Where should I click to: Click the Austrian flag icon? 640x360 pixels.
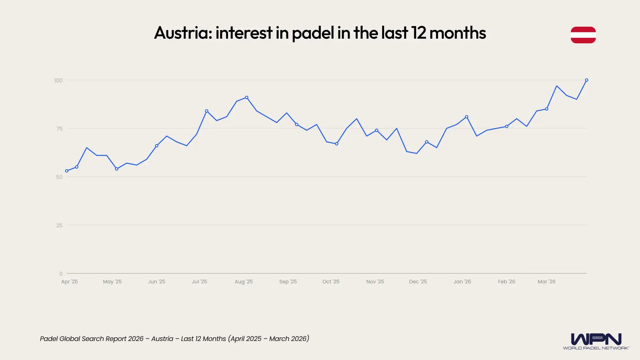pos(583,35)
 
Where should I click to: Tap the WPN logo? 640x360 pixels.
pos(596,341)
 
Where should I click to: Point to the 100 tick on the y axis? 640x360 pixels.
pos(58,80)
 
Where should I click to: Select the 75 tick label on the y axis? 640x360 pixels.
pos(59,129)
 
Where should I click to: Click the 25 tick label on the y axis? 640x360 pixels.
pos(59,225)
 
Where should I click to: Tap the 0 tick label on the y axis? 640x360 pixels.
pos(61,274)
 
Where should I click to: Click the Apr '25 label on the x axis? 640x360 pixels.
pos(69,282)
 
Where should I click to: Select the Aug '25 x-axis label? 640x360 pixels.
pos(244,282)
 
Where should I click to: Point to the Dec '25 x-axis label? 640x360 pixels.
pos(418,282)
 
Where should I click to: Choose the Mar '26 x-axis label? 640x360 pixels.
pos(546,282)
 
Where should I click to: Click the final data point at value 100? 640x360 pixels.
pos(587,80)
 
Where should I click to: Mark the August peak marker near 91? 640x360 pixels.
pos(247,98)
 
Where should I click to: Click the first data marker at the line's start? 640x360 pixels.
pos(67,171)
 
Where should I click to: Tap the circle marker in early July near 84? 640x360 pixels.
pos(207,111)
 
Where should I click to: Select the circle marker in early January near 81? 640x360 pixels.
pos(467,117)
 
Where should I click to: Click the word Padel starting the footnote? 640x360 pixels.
pos(48,339)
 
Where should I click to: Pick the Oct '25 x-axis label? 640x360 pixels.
pos(331,282)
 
